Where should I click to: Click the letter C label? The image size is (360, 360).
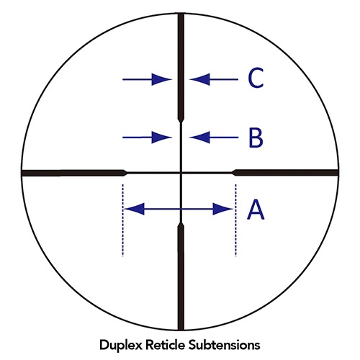pos(256,78)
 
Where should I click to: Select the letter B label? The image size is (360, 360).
pos(256,138)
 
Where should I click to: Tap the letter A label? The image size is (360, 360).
pos(256,210)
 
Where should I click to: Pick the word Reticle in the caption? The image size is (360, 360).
pos(166,345)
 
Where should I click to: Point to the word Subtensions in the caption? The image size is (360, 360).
pos(224,345)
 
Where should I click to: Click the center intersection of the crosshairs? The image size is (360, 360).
pos(181,173)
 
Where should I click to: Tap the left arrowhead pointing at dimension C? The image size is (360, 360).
pos(161,79)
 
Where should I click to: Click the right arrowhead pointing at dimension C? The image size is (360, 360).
pos(199,79)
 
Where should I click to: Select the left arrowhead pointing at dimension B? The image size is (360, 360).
pos(161,138)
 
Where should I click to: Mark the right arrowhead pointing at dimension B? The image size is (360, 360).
pos(199,138)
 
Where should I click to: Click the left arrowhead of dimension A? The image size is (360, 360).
pos(135,209)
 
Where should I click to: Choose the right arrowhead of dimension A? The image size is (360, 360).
pos(223,209)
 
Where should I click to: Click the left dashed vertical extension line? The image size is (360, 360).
pos(123,220)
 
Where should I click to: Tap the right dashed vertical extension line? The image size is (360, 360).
pos(235,220)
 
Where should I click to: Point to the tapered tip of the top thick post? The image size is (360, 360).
pos(181,122)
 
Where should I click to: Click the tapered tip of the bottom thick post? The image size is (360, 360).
pos(181,224)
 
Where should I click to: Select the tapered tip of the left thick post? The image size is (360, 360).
pos(126,173)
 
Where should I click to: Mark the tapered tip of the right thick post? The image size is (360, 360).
pos(233,173)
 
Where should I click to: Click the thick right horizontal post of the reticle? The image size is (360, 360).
pos(285,173)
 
